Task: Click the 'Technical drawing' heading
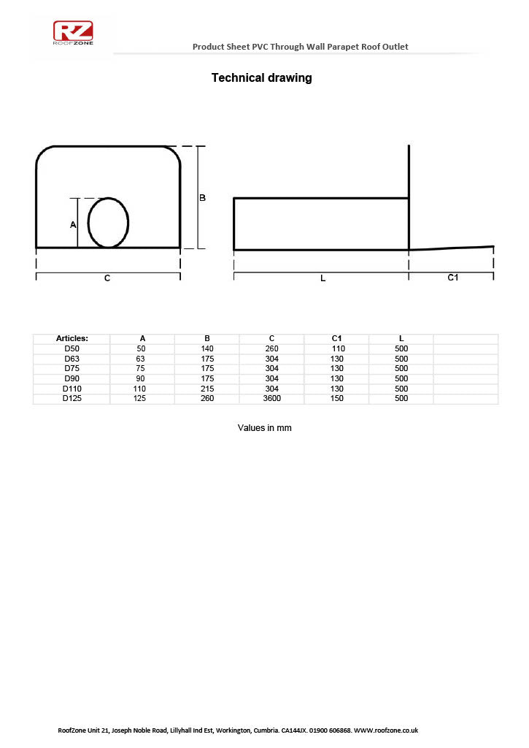coord(261,78)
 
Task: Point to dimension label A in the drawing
coord(73,225)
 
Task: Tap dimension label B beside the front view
coord(203,198)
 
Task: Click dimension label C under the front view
coord(107,278)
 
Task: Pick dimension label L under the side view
coord(323,278)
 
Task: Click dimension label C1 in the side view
coord(452,278)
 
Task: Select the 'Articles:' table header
coord(72,338)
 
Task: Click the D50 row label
coord(72,348)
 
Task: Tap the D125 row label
coord(72,398)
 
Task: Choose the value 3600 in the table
coord(271,398)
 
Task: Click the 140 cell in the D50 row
coord(207,348)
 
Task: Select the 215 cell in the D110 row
coord(207,389)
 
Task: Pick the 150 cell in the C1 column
coord(336,398)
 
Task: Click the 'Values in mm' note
coord(264,428)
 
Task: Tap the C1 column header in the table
coord(336,338)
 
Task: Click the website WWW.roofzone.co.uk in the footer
coord(385,730)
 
